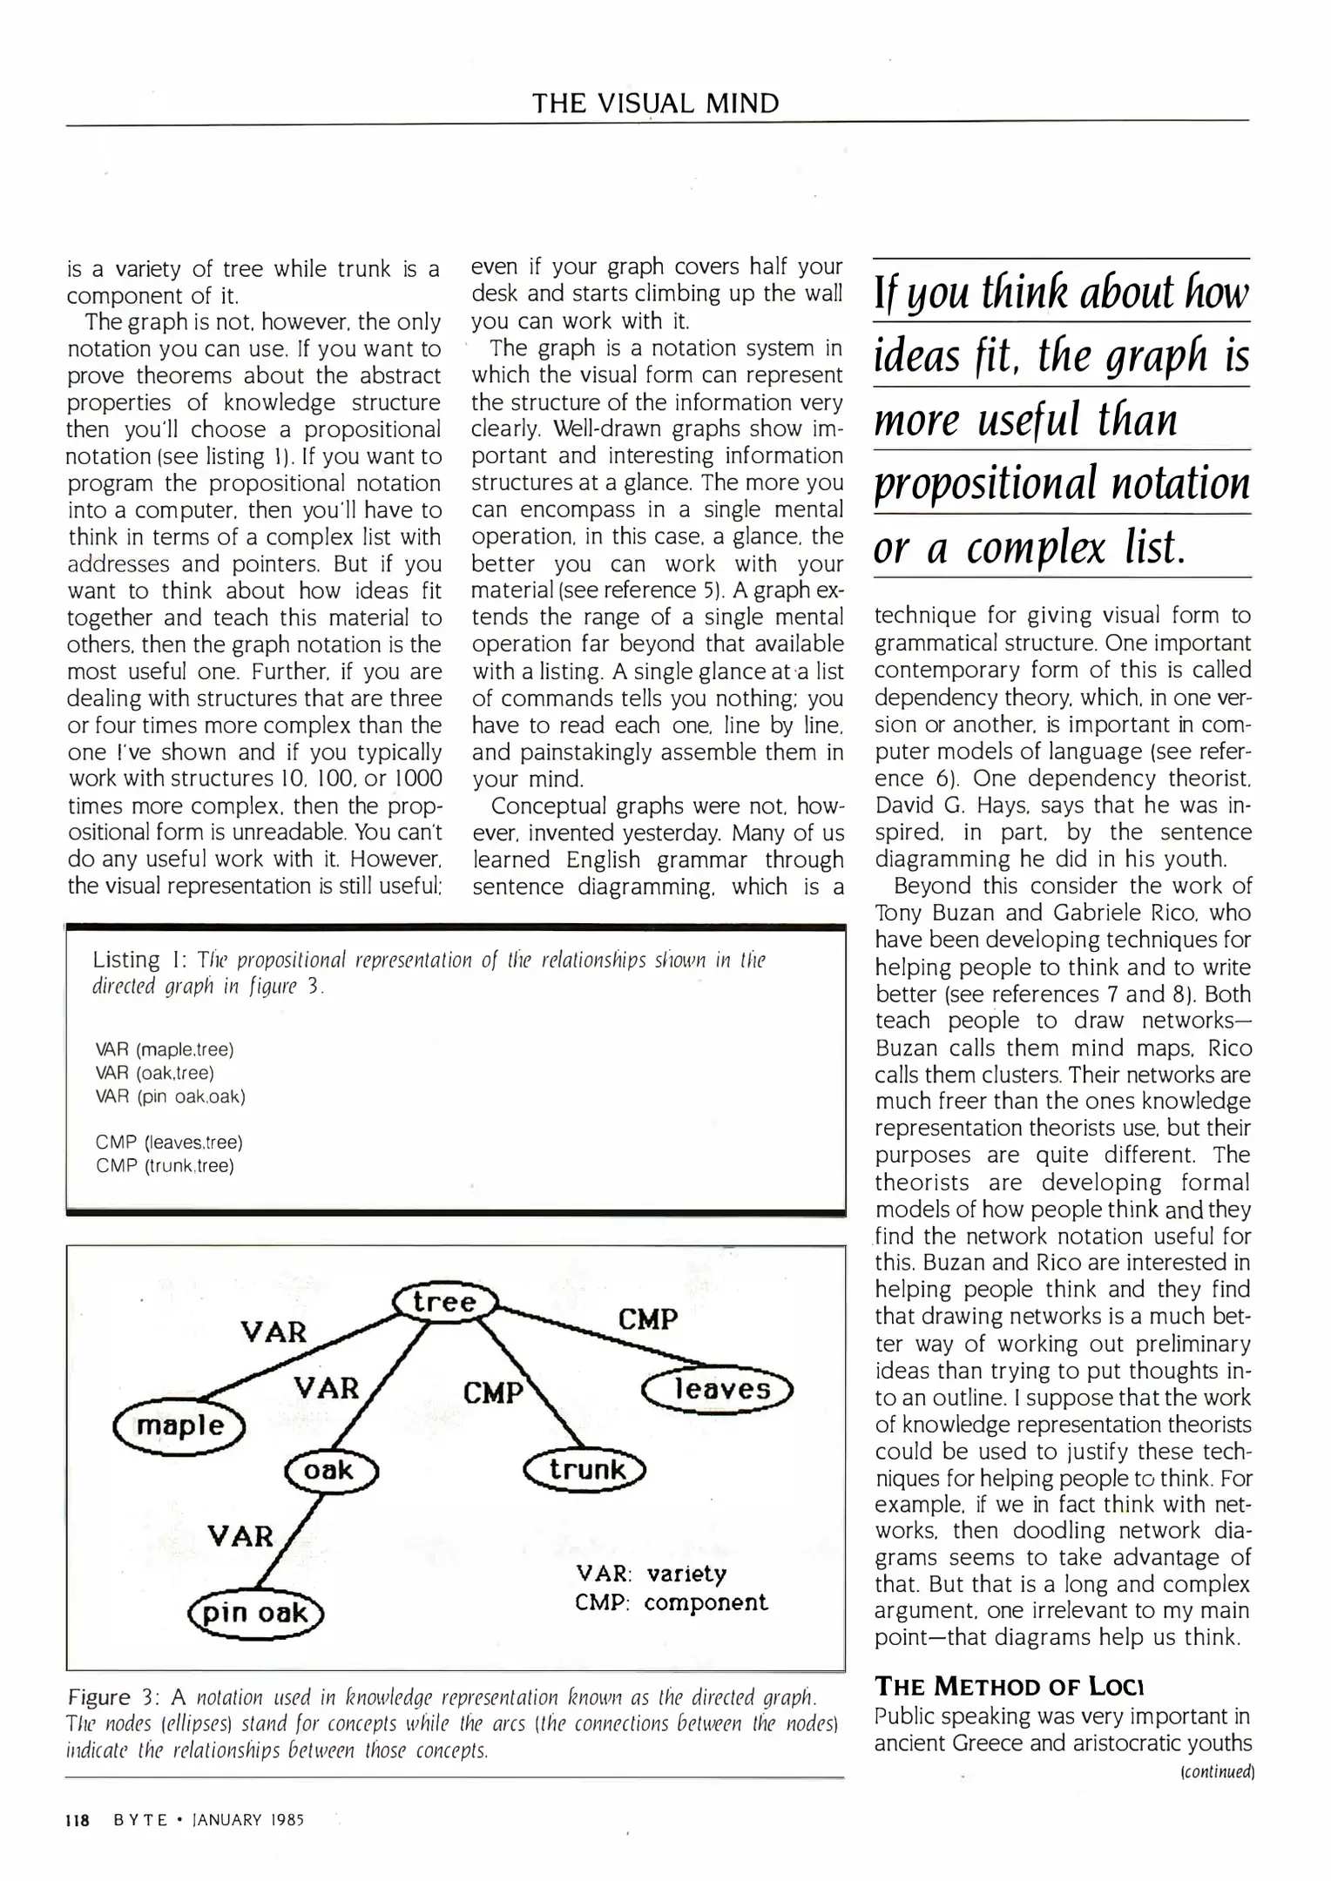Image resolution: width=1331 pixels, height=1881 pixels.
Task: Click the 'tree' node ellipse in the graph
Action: (x=445, y=1303)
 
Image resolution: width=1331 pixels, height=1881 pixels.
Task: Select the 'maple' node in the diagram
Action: (x=180, y=1426)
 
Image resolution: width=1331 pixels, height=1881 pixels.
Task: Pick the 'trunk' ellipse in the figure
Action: (x=585, y=1470)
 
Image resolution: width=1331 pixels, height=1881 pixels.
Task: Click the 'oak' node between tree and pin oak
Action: (x=329, y=1471)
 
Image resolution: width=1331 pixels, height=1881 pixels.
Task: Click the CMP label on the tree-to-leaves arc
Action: (x=647, y=1319)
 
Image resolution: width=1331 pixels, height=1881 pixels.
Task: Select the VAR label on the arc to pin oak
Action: (x=240, y=1536)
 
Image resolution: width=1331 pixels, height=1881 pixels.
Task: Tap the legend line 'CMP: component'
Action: (x=671, y=1603)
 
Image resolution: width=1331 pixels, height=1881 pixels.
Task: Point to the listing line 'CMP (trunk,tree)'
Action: (x=165, y=1165)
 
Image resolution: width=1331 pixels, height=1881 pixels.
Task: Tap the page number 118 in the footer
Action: (x=78, y=1820)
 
